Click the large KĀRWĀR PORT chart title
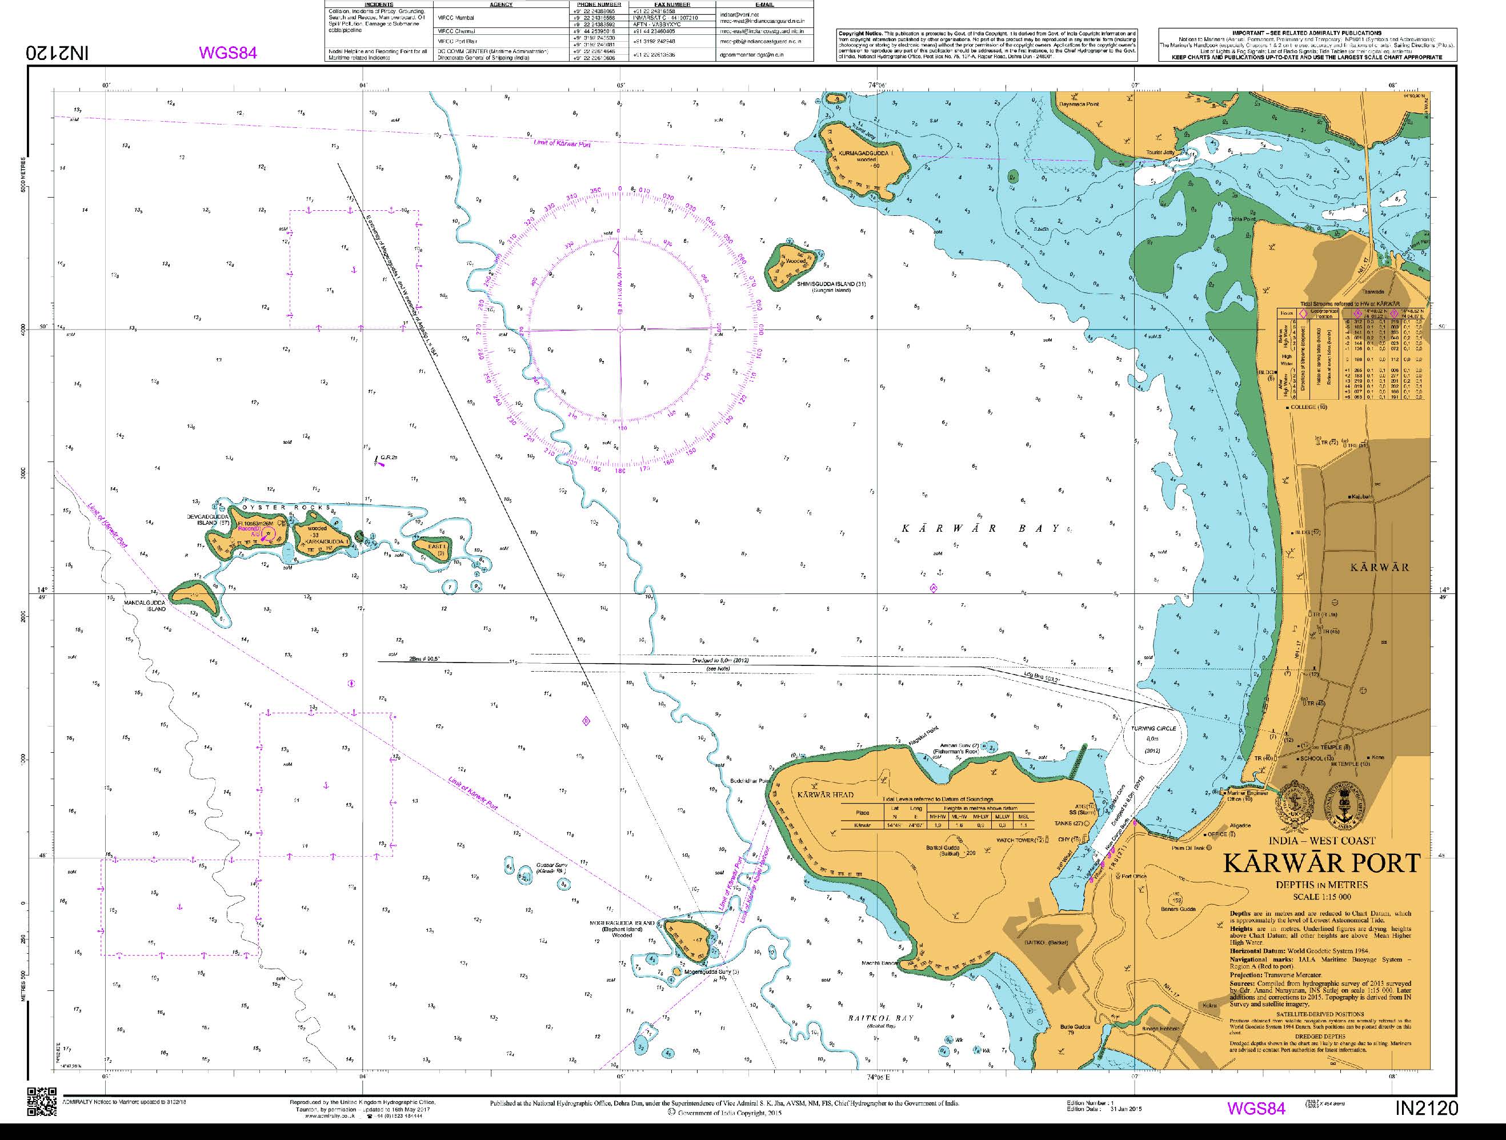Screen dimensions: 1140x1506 click(x=1321, y=863)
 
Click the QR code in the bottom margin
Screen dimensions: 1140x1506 click(x=42, y=1102)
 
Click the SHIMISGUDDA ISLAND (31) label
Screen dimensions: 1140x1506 click(x=831, y=284)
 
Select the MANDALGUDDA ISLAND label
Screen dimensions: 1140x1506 click(x=145, y=606)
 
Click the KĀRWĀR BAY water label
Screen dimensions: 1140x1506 click(x=980, y=529)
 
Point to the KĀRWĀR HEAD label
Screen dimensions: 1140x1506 click(x=824, y=794)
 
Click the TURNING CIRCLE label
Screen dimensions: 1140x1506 click(x=1153, y=728)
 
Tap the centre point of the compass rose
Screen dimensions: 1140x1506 click(x=619, y=330)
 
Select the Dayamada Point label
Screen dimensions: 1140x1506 click(x=1079, y=104)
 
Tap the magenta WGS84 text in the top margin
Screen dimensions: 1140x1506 click(x=227, y=53)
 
